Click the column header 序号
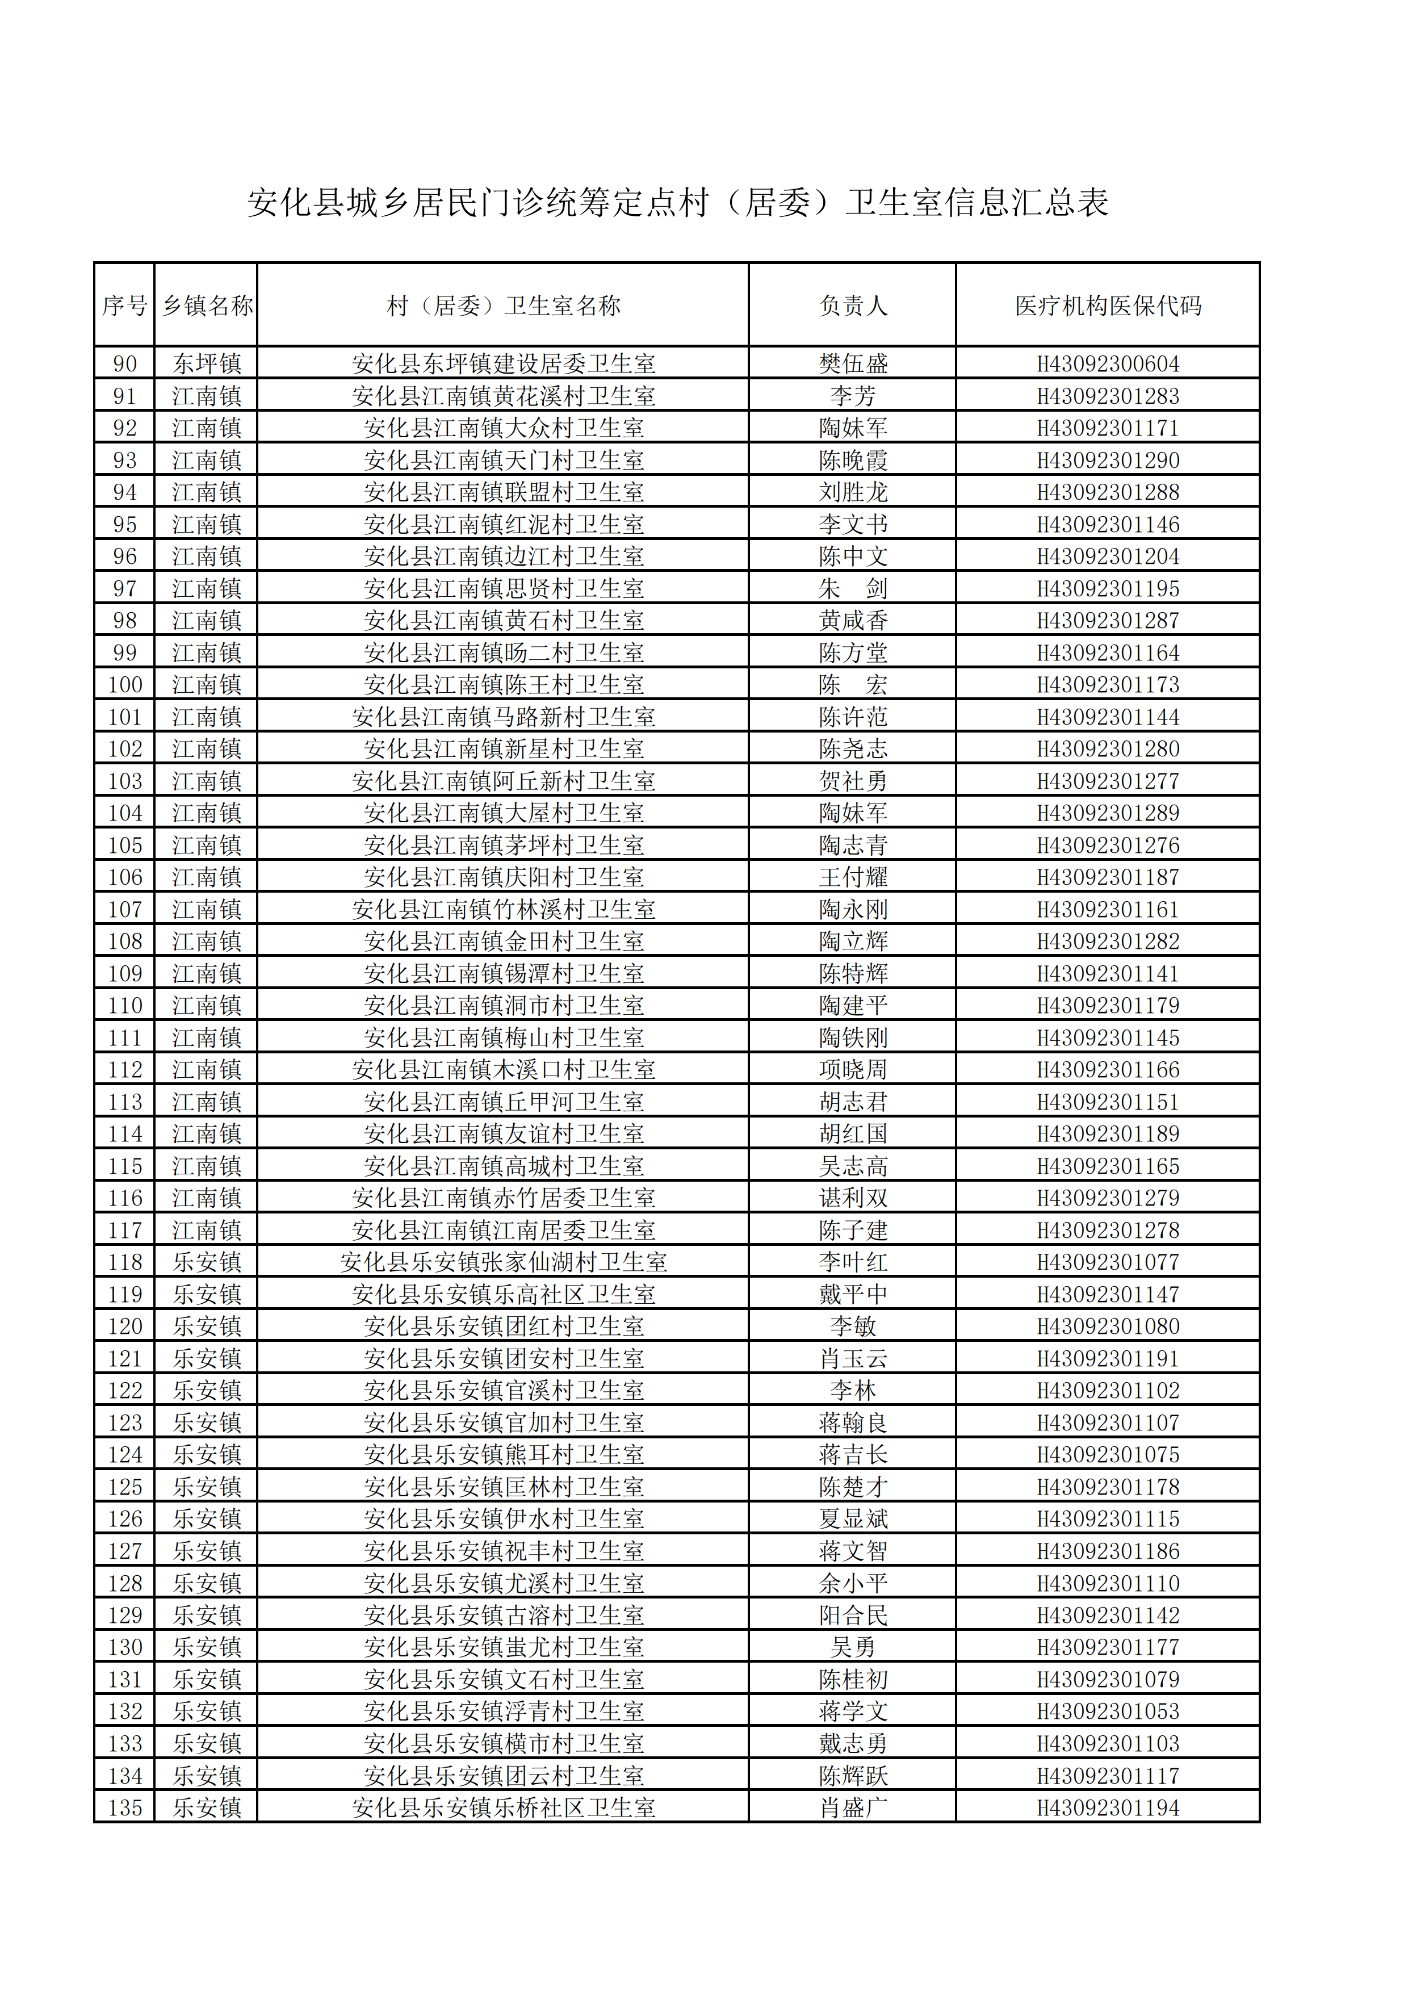point(124,306)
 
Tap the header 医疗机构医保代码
point(1108,306)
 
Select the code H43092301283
point(1108,396)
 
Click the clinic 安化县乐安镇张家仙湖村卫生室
point(503,1262)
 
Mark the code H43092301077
point(1108,1262)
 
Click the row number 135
point(125,1808)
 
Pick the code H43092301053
point(1108,1711)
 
